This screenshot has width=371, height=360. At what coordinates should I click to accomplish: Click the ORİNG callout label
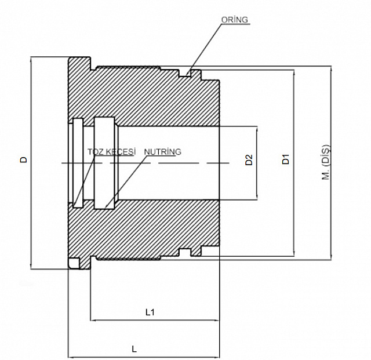point(234,20)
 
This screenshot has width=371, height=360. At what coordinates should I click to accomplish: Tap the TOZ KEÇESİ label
point(111,152)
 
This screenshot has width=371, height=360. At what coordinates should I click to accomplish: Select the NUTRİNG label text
point(163,151)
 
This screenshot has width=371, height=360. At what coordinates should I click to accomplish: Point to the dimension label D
point(23,160)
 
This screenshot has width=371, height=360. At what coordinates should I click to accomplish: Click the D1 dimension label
point(286,159)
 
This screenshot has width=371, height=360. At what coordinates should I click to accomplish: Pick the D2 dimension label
point(249,160)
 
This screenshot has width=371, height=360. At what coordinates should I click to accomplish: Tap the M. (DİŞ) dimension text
point(326,162)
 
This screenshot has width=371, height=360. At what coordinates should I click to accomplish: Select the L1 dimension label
point(150,312)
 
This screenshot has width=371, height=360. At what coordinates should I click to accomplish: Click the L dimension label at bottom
point(134,349)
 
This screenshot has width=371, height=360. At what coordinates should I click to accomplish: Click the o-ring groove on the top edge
point(184,73)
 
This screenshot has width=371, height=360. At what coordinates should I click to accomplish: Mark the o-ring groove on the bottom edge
point(184,252)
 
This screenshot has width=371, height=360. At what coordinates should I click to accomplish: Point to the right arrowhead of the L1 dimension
point(216,321)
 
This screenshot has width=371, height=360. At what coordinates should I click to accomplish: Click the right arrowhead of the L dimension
point(216,357)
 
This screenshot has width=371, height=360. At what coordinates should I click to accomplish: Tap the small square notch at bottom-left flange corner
point(74,263)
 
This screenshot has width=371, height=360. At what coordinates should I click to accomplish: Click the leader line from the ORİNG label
point(205,49)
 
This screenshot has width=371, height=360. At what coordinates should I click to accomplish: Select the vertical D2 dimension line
point(257,163)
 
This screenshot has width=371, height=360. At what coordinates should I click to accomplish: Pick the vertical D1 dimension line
point(294,163)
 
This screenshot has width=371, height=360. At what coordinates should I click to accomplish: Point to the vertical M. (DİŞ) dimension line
point(331,163)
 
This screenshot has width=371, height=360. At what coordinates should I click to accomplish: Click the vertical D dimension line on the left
point(31,163)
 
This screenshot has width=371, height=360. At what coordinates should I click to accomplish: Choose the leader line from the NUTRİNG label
point(125,182)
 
